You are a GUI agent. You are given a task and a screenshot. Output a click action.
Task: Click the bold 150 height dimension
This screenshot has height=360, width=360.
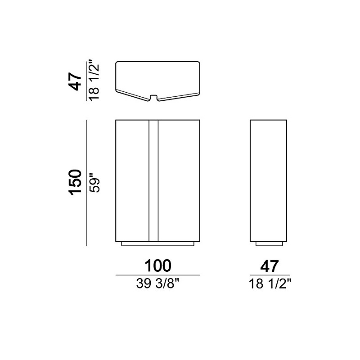76,183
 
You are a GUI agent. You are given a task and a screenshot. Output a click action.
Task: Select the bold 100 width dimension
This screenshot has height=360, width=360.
158,265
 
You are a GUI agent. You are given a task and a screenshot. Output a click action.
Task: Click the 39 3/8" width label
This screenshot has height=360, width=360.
157,283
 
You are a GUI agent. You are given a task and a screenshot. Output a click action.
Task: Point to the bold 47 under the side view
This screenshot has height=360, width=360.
269,266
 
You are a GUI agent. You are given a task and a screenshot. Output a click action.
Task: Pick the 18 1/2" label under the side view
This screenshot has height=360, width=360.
270,284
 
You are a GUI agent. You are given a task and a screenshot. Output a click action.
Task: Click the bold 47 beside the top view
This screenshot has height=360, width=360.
75,81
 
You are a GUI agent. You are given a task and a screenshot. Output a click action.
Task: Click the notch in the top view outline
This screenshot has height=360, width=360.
154,97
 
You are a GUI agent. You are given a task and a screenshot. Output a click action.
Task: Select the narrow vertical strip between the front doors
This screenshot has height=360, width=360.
153,181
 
